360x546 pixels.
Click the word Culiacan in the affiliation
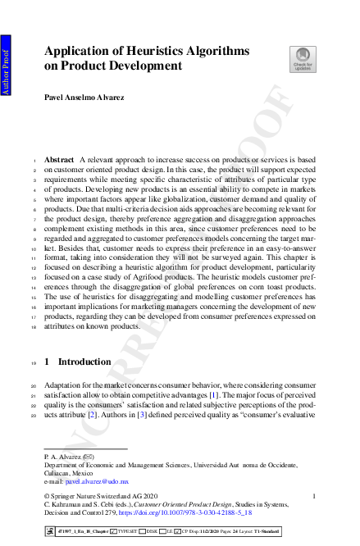coord(57,473)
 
